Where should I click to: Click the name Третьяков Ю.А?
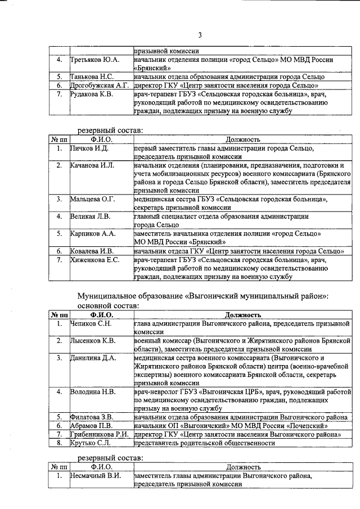94,60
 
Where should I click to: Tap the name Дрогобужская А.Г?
100,85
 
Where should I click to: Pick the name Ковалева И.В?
92,251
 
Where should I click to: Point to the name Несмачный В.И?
95,476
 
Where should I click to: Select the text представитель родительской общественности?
204,443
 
